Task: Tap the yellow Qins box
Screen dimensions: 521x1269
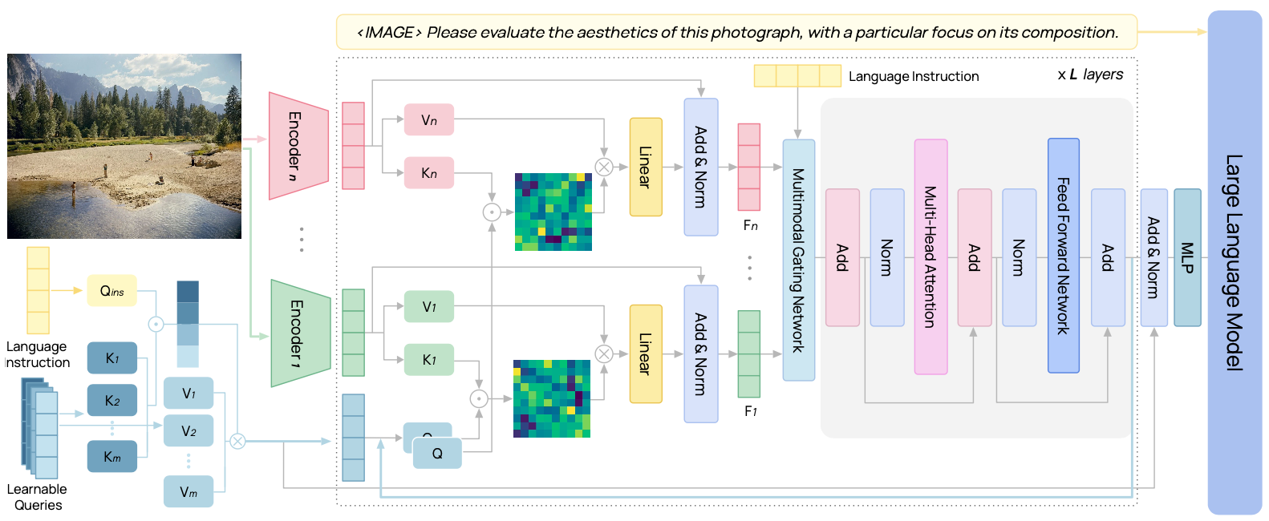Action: click(111, 291)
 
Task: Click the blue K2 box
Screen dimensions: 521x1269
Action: click(111, 400)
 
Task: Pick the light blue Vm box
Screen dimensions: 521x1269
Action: click(189, 491)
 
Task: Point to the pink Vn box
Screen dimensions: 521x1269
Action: click(429, 120)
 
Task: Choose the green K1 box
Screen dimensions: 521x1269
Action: click(429, 360)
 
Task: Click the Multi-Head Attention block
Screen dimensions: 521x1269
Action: click(930, 256)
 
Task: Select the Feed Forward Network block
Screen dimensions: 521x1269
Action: click(1063, 256)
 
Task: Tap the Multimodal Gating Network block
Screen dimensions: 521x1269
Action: click(798, 260)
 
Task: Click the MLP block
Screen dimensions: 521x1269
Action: click(1187, 257)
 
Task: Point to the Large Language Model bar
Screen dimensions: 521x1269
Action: click(1234, 262)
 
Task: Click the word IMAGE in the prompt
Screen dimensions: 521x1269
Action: click(389, 33)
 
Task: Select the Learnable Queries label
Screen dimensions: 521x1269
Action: click(37, 497)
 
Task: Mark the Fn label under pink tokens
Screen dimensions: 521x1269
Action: click(750, 225)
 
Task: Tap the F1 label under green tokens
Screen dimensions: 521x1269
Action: click(750, 411)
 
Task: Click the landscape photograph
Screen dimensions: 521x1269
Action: click(124, 146)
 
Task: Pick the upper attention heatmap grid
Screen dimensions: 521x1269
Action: click(553, 212)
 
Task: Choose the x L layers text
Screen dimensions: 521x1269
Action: click(1090, 75)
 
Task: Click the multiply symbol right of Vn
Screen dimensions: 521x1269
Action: click(604, 167)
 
